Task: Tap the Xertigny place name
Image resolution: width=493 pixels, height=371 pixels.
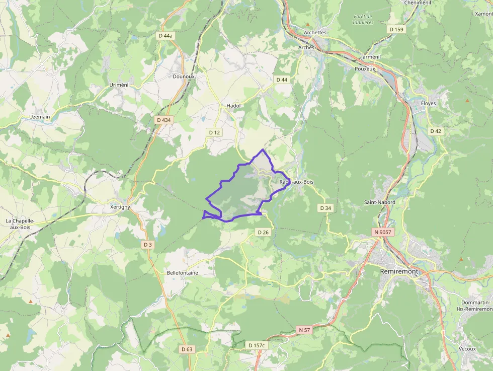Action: pyautogui.click(x=120, y=207)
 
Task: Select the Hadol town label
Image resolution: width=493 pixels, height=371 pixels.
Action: pyautogui.click(x=233, y=106)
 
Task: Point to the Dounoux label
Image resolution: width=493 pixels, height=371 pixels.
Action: pyautogui.click(x=183, y=77)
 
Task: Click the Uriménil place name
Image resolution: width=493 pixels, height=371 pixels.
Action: pyautogui.click(x=120, y=85)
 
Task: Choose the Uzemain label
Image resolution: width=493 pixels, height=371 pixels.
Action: pyautogui.click(x=39, y=117)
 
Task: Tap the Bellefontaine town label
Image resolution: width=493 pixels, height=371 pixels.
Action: pyautogui.click(x=182, y=273)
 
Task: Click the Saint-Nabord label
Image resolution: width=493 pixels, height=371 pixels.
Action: pyautogui.click(x=380, y=202)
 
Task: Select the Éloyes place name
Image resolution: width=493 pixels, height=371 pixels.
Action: pyautogui.click(x=428, y=103)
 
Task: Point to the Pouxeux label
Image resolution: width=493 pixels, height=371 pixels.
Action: pyautogui.click(x=365, y=68)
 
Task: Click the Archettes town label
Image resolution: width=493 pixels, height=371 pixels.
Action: pyautogui.click(x=315, y=32)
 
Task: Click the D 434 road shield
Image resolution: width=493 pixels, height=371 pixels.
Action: pyautogui.click(x=164, y=120)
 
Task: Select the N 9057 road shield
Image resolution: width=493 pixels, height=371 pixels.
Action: pyautogui.click(x=383, y=232)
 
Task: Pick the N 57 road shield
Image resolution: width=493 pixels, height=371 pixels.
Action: pyautogui.click(x=304, y=330)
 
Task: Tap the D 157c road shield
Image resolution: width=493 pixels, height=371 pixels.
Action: pyautogui.click(x=257, y=345)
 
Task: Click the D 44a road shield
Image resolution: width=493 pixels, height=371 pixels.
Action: pyautogui.click(x=165, y=36)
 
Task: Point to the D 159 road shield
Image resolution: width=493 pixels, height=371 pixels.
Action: pyautogui.click(x=396, y=29)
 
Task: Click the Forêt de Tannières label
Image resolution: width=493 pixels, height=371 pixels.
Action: pyautogui.click(x=363, y=20)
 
